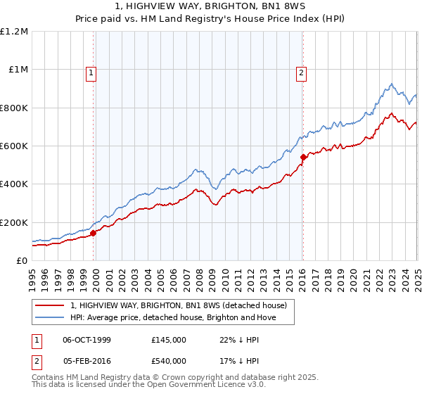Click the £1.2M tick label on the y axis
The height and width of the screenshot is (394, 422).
pyautogui.click(x=14, y=32)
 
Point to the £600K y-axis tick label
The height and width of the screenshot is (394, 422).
pyautogui.click(x=14, y=146)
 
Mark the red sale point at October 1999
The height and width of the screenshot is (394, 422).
pyautogui.click(x=94, y=234)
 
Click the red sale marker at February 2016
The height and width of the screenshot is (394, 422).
pyautogui.click(x=303, y=158)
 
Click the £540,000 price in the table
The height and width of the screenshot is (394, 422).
pyautogui.click(x=169, y=361)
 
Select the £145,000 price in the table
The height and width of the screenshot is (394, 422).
pyautogui.click(x=169, y=340)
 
